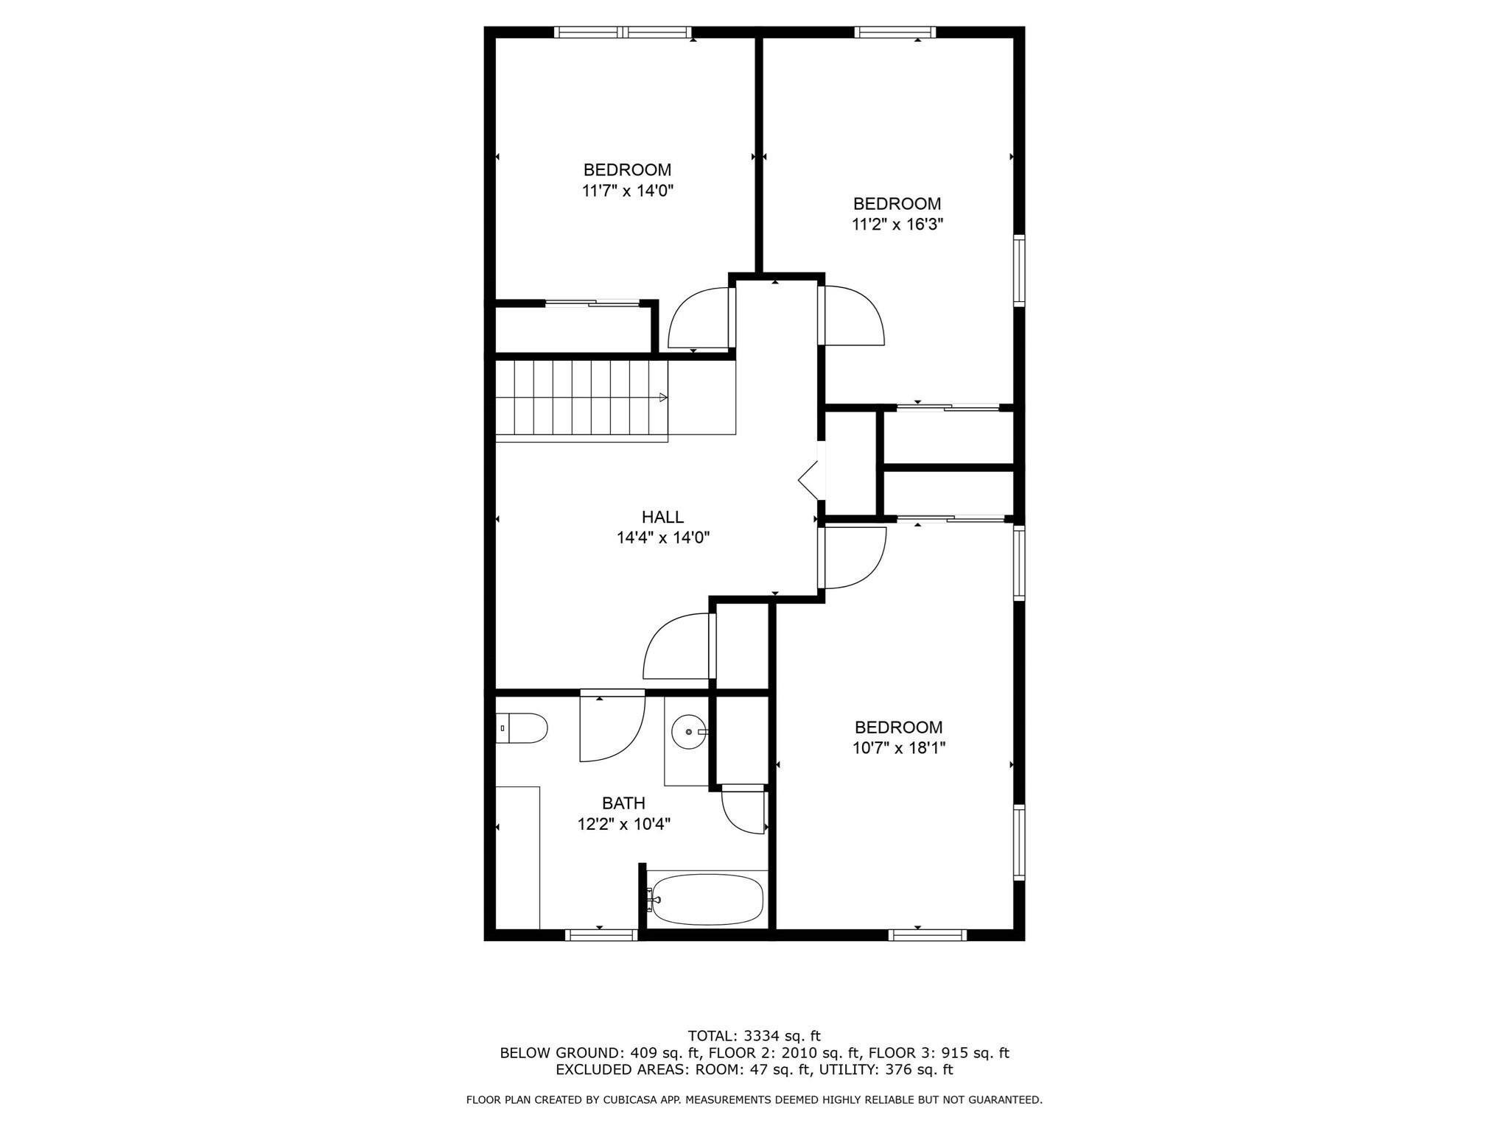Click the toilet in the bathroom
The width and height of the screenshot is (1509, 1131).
521,728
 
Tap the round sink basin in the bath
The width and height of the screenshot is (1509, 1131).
690,732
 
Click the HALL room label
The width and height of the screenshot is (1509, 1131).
662,517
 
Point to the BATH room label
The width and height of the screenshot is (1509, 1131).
623,803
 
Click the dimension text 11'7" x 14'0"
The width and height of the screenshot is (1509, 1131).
628,191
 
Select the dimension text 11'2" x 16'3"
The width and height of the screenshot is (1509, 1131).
897,224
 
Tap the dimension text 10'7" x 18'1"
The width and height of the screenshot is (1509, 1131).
899,748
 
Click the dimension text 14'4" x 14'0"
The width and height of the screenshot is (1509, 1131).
663,538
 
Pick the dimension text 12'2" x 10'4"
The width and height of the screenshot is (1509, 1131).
624,824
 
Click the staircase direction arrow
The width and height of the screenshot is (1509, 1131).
663,398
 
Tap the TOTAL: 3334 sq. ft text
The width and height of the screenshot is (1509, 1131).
754,1037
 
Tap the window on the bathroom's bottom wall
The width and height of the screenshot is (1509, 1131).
601,935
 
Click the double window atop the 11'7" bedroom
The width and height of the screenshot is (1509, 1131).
623,32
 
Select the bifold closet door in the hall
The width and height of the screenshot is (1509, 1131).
810,481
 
